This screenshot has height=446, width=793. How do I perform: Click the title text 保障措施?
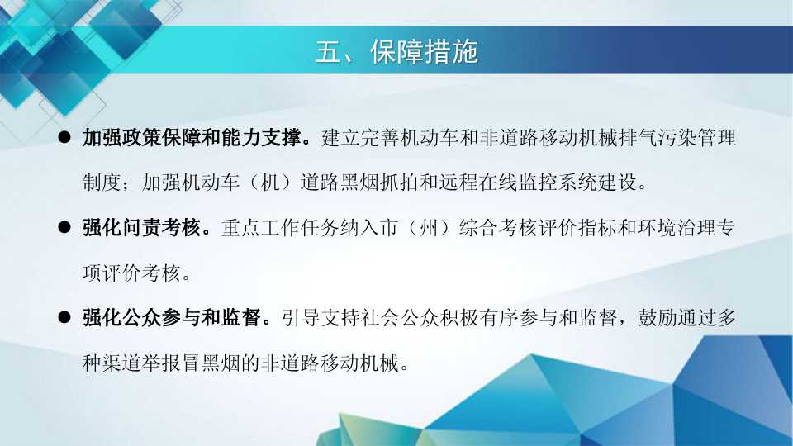425,51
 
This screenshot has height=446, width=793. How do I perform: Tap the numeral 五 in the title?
328,51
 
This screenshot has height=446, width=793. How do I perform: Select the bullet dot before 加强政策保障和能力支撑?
64,137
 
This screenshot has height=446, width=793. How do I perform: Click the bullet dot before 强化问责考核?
64,227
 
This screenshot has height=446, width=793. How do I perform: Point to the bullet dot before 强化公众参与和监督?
64,317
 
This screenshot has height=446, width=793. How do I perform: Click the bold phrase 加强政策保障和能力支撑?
192,138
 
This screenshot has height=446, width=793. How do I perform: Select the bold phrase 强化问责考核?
142,228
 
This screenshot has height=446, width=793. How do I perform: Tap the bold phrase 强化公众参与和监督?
172,317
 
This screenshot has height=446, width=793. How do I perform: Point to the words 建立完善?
360,138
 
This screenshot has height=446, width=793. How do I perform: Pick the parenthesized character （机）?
270,183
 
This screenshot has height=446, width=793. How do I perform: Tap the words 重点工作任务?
280,228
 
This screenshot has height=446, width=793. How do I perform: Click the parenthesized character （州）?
429,228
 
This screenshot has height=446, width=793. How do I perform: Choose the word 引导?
301,317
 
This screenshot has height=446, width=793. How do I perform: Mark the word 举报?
162,363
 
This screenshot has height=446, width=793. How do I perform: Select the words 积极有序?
479,317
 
